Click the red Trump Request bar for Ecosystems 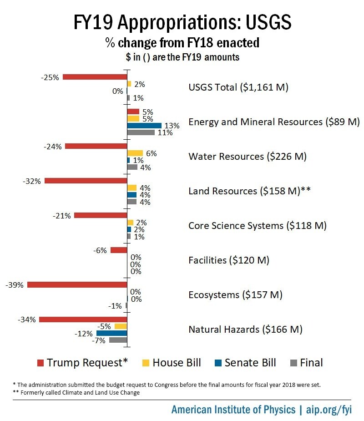click(x=77, y=284)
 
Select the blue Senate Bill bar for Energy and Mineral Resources click(x=144, y=125)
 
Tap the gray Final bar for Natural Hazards click(x=118, y=340)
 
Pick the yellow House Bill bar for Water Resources click(x=135, y=153)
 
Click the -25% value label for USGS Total click(x=50, y=77)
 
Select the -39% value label click(x=15, y=285)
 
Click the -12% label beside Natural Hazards click(x=84, y=334)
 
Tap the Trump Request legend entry click(x=82, y=363)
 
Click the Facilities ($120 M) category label click(x=229, y=260)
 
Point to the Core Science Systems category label click(x=257, y=226)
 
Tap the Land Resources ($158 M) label click(x=249, y=191)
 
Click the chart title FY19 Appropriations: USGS click(x=182, y=22)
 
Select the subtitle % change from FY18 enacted click(x=182, y=43)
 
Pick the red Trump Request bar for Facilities click(x=119, y=250)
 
